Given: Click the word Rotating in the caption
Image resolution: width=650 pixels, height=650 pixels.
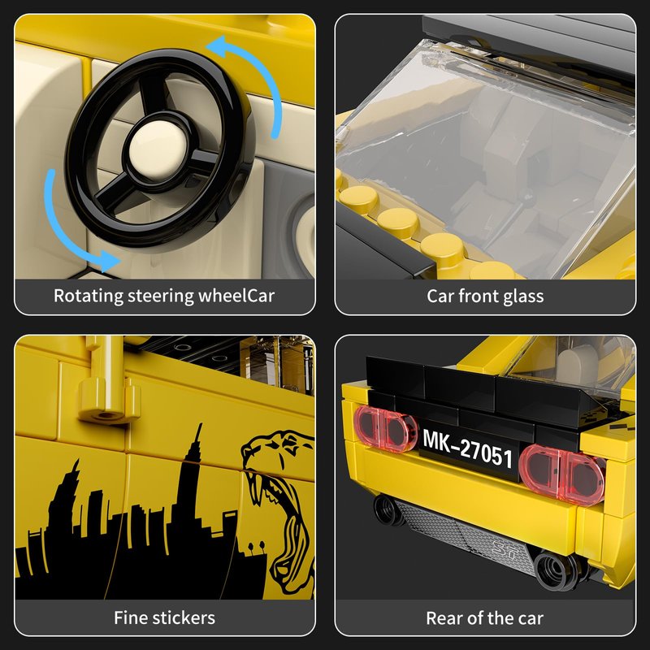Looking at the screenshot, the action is pos(89,296).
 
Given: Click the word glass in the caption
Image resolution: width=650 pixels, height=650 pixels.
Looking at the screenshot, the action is pos(523,297).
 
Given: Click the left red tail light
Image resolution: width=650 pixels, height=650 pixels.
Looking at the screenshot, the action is pos(384,428).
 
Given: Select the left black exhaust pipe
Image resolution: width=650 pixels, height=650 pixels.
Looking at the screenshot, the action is pos(387,510).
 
